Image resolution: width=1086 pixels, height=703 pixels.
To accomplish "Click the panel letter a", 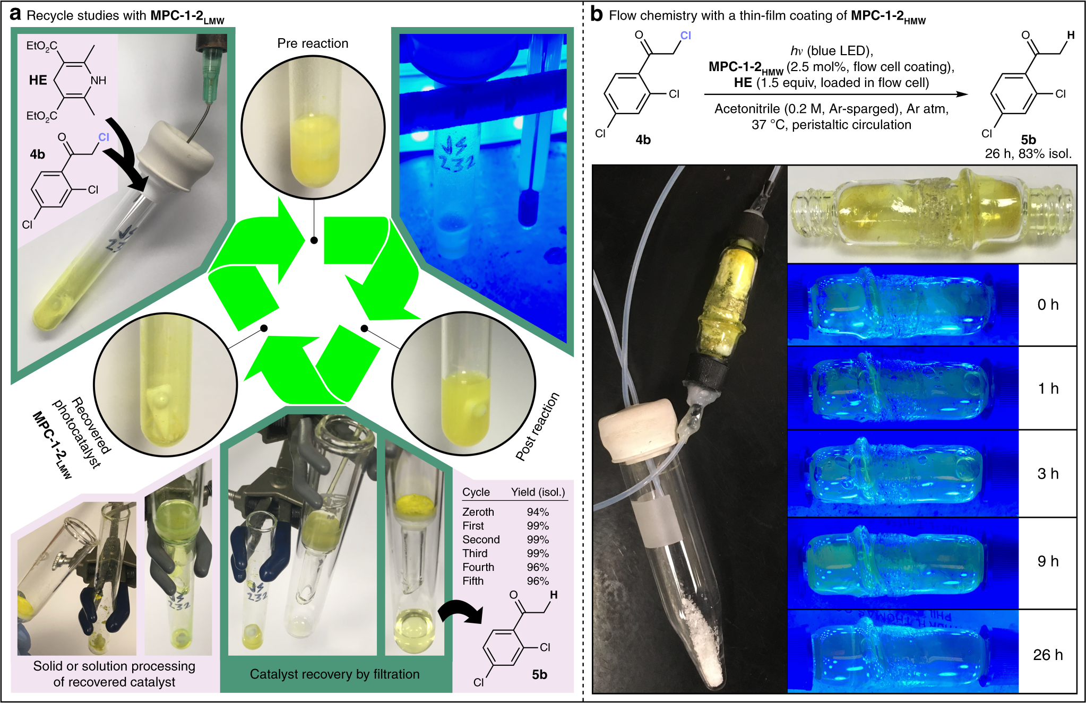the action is click(15, 14).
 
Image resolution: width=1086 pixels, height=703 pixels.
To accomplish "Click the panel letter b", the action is click(597, 14).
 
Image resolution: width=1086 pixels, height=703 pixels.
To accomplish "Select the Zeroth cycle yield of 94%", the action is click(538, 512).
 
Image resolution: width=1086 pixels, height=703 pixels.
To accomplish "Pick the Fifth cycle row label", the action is click(473, 581).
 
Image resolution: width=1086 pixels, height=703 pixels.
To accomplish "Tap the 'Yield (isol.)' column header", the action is click(538, 492).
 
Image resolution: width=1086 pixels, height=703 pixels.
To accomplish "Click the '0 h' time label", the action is click(1048, 305).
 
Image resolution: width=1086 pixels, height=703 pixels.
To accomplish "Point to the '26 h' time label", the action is click(1048, 655).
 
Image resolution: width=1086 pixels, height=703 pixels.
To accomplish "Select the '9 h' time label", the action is click(1048, 561).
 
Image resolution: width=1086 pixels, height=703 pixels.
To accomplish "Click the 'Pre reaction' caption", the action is click(313, 44).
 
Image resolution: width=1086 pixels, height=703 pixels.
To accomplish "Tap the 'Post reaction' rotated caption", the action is click(538, 426).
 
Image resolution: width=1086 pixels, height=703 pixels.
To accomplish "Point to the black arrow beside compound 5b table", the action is click(460, 613).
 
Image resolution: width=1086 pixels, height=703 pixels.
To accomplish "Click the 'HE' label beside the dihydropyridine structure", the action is click(38, 80).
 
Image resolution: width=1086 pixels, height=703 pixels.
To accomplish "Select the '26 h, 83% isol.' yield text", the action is click(1028, 154).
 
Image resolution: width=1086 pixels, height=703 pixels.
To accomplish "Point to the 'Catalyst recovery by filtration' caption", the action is click(334, 674).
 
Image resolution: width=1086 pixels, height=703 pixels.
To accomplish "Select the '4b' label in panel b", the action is click(643, 140).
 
